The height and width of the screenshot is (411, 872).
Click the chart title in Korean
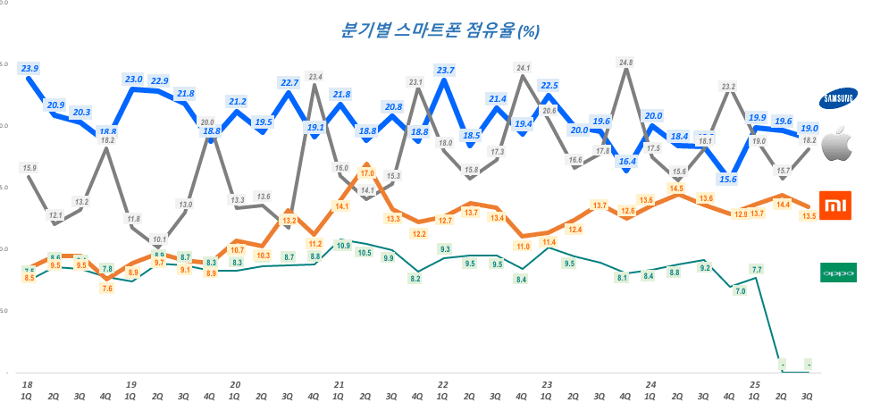(x=438, y=30)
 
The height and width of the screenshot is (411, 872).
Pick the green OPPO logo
(x=838, y=272)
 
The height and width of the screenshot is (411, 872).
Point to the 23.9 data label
(x=29, y=68)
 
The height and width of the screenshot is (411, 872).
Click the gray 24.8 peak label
(x=625, y=63)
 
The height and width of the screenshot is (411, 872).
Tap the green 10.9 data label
(x=340, y=244)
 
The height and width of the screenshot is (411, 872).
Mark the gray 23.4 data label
(x=315, y=77)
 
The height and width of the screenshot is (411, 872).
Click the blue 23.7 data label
(x=445, y=70)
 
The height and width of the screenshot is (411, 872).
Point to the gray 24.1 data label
(x=524, y=68)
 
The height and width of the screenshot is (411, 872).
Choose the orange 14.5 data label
(x=677, y=189)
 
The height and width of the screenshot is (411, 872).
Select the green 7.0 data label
(x=740, y=290)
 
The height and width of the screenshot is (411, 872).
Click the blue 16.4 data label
(x=626, y=161)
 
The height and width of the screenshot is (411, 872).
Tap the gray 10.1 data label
(x=159, y=239)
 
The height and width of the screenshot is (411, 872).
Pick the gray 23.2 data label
(x=729, y=87)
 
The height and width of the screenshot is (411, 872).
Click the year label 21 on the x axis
(x=340, y=385)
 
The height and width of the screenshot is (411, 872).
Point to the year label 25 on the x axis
(x=755, y=385)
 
